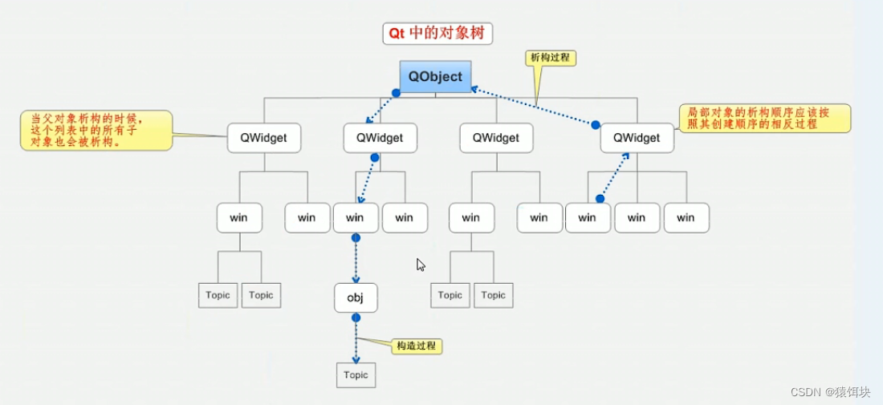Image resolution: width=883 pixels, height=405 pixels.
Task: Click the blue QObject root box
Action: [x=435, y=76]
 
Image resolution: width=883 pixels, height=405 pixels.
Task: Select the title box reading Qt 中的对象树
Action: [x=437, y=34]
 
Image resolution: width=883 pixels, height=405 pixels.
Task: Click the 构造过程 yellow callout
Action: [x=417, y=346]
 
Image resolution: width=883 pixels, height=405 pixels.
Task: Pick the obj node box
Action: [x=356, y=298]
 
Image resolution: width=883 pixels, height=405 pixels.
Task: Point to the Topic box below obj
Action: [x=356, y=375]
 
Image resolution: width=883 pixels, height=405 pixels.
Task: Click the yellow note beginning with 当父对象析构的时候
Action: [x=96, y=131]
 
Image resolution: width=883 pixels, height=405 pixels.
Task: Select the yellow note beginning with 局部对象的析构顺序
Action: [x=765, y=118]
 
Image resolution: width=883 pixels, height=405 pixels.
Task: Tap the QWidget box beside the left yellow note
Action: [x=264, y=138]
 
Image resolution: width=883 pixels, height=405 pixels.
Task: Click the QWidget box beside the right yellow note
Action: [x=637, y=138]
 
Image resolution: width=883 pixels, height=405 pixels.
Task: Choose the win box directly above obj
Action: [x=356, y=217]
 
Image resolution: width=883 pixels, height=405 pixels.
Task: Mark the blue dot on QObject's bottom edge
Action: [x=396, y=93]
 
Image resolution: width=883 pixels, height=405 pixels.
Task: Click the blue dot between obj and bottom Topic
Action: [x=356, y=318]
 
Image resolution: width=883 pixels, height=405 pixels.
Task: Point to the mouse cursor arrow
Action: [x=420, y=265]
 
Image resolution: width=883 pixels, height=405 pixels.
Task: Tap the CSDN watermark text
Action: [x=831, y=391]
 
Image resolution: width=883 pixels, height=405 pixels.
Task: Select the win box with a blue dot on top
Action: [x=588, y=217]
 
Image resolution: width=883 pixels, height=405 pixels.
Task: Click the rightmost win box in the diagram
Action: [x=686, y=217]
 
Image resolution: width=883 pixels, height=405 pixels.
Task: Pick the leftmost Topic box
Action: [x=218, y=295]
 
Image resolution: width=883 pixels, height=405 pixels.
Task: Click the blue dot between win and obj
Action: [x=356, y=238]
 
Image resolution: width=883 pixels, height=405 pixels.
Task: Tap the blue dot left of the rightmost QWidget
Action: [x=596, y=125]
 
